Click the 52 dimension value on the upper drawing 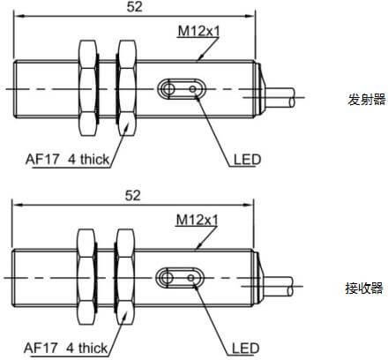tap(134, 7)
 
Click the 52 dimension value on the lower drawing tap(132, 196)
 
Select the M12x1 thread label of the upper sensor tap(198, 31)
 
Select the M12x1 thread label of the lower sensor tap(197, 220)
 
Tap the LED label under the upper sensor tap(247, 160)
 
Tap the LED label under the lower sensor tap(245, 349)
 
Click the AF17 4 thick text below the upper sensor tap(67, 160)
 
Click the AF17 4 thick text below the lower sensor tap(65, 349)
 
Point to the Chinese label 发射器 tap(366, 100)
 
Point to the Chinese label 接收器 tap(364, 289)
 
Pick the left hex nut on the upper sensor tap(87, 88)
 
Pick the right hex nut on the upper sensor tap(127, 88)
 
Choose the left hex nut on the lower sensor tap(86, 277)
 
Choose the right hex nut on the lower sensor tap(125, 277)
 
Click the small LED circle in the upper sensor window tap(193, 88)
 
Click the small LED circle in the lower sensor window tap(191, 278)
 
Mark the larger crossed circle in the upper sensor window tap(168, 88)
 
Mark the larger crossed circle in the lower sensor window tap(167, 278)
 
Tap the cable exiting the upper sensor tap(280, 97)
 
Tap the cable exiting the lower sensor tap(278, 286)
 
